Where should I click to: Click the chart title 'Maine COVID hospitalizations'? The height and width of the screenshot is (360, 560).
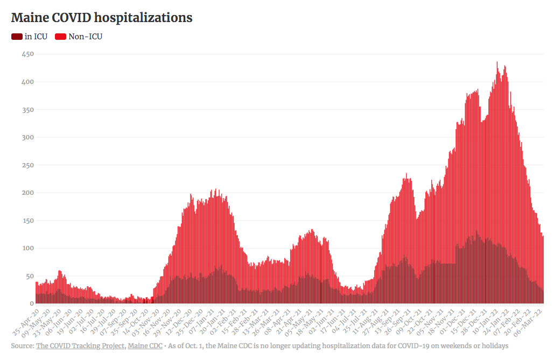tap(102, 18)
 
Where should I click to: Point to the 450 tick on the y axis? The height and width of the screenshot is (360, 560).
tap(27, 54)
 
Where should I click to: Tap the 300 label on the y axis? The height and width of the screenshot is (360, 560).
tap(27, 137)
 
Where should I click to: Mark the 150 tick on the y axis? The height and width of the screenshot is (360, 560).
tap(27, 221)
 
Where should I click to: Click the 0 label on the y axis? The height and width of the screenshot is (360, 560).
tap(31, 303)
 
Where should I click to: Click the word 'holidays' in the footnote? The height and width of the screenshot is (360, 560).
tap(493, 346)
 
